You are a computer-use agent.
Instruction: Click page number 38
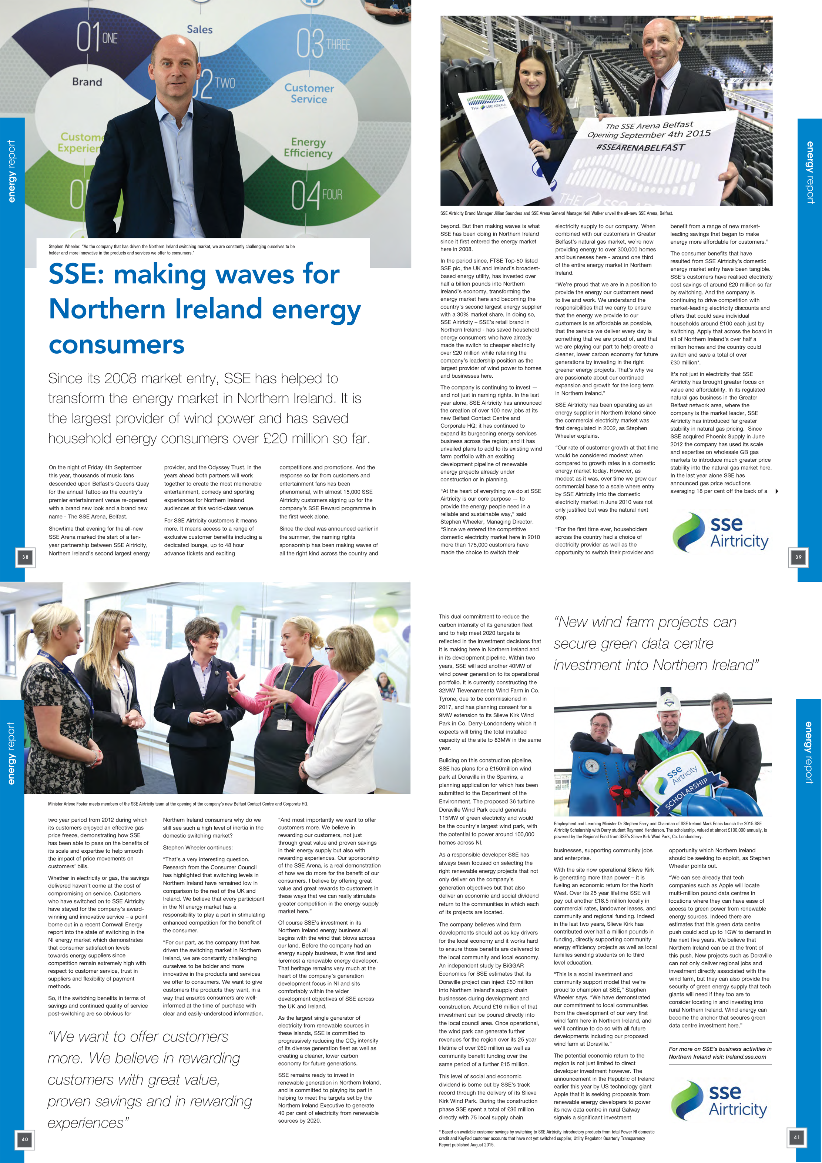point(25,557)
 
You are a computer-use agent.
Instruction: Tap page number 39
point(798,557)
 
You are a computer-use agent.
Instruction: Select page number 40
point(25,1140)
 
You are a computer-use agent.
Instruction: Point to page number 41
point(797,1137)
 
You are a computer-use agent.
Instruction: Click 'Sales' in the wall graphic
point(199,29)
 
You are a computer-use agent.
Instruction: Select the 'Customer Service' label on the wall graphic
point(309,94)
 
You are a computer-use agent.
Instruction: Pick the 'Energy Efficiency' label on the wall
point(308,147)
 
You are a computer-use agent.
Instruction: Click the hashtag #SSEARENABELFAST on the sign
point(640,147)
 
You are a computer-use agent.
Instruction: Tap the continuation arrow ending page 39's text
point(777,491)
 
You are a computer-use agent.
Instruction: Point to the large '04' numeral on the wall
point(306,196)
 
